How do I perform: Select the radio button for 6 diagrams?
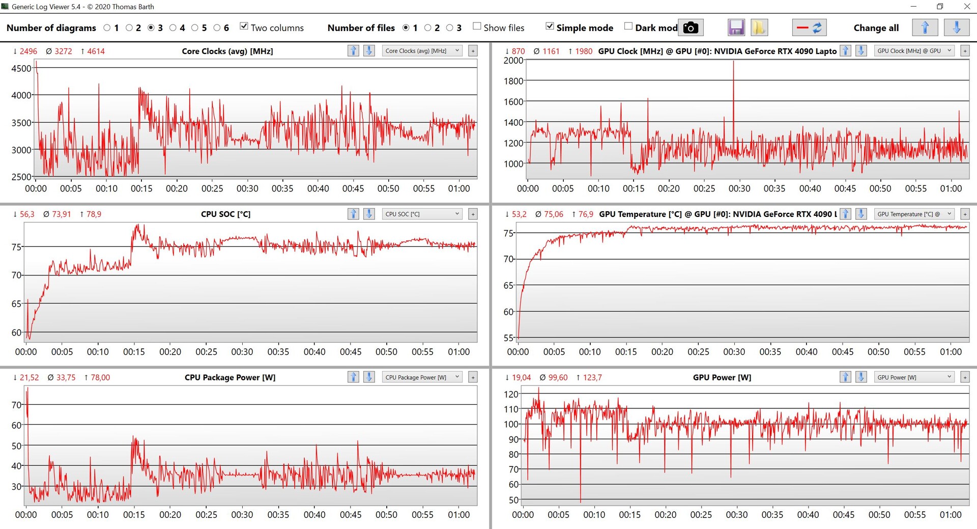point(217,27)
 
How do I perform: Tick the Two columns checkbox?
point(244,26)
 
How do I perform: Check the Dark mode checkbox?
point(628,26)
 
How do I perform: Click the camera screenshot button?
point(691,27)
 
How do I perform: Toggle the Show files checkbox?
point(477,26)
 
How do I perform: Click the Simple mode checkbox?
point(550,26)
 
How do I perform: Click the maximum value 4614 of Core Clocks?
point(96,51)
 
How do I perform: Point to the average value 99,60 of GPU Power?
point(558,378)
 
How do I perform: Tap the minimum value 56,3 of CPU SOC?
point(27,214)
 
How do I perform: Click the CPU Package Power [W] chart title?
point(230,378)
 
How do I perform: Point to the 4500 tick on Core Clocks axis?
point(21,69)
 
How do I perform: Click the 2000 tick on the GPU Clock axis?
point(513,61)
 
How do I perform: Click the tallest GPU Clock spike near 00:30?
point(733,62)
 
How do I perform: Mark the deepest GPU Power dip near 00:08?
point(581,501)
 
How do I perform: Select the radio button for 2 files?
point(428,27)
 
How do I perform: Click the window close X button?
point(967,7)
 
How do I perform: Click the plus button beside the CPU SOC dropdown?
point(473,214)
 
